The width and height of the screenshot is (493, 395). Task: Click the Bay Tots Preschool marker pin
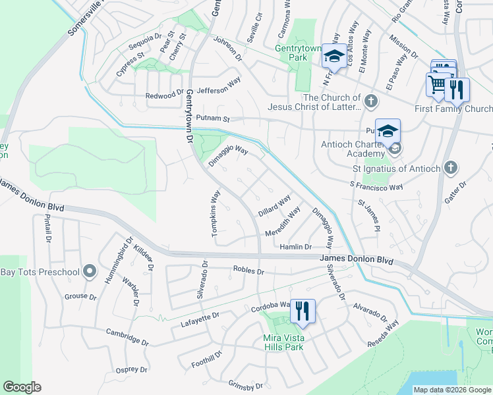90,272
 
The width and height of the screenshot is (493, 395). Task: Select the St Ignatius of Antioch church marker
451,168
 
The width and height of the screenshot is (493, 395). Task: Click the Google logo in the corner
22,387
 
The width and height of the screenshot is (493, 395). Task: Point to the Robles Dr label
248,271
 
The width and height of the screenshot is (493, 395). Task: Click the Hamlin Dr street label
295,247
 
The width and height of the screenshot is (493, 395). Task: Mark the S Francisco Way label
376,187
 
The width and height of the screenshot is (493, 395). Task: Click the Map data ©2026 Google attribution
453,390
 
